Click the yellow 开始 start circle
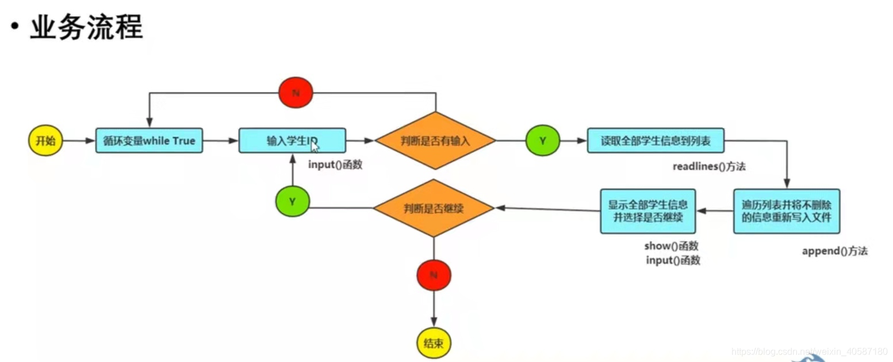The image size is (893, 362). tap(45, 140)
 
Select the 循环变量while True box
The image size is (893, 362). tap(150, 140)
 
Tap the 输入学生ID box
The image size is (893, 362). tap(292, 140)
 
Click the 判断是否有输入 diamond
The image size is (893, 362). tap(435, 140)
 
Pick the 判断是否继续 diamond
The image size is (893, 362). tap(434, 208)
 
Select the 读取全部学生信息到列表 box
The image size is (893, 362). tap(655, 140)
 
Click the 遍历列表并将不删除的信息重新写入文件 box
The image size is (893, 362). tap(786, 211)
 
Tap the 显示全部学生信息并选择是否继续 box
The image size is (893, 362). tap(647, 211)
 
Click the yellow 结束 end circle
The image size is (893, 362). tap(434, 344)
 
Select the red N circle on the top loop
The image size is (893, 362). tap(295, 93)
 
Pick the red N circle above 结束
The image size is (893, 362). tap(434, 276)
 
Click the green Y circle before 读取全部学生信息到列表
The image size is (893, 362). tap(542, 140)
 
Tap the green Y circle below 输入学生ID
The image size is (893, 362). tap(292, 201)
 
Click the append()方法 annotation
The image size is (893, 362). tap(834, 251)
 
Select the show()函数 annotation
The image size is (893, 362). tap(672, 247)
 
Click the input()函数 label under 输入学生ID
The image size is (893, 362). tap(336, 165)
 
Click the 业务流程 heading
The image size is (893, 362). tap(86, 28)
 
